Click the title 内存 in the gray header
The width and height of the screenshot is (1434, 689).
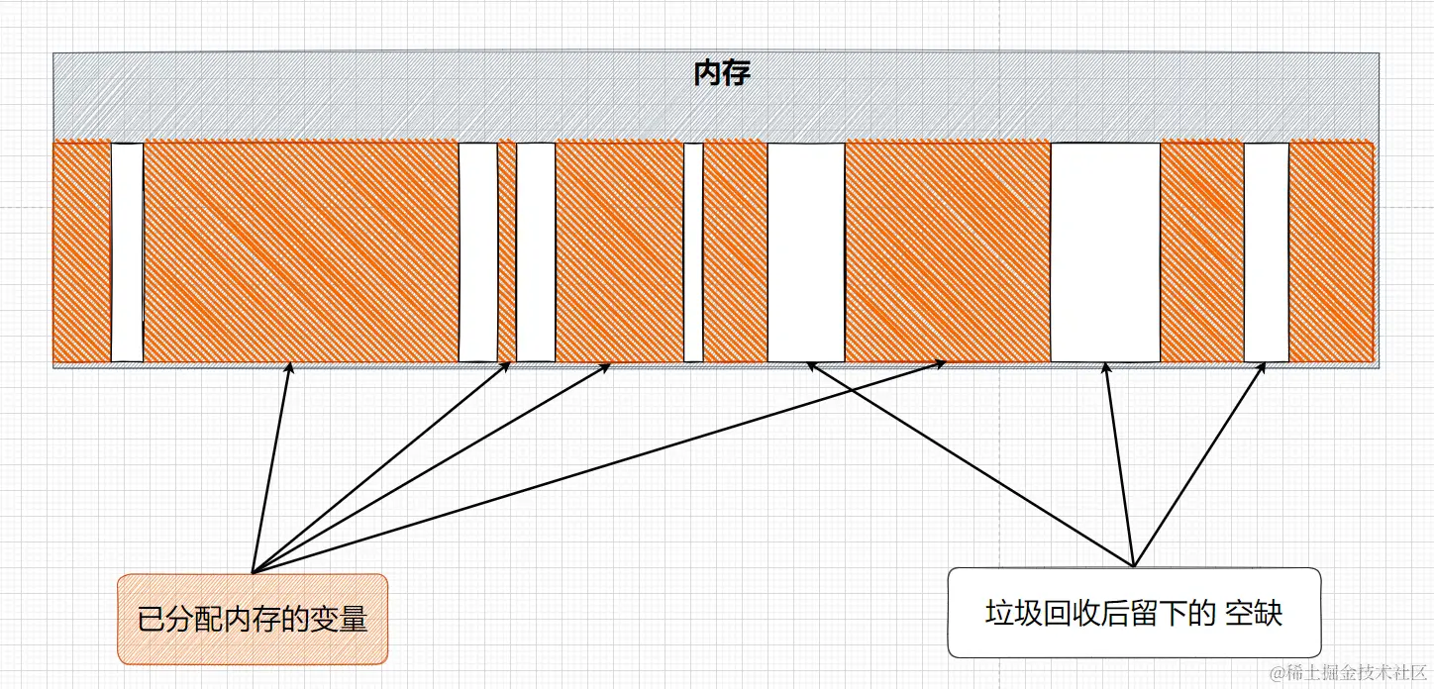tap(721, 74)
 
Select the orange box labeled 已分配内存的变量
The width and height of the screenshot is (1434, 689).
tap(253, 619)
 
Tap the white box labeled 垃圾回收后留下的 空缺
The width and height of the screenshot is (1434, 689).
tap(1134, 612)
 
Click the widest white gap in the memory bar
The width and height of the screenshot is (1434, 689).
tap(1105, 252)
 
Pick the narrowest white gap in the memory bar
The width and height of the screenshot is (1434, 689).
tap(693, 252)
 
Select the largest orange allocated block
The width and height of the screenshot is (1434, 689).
tap(300, 252)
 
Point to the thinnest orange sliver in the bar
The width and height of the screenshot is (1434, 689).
tap(507, 252)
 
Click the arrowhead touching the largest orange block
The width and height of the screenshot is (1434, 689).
tap(290, 366)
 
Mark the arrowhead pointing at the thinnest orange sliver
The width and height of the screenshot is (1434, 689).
tap(507, 365)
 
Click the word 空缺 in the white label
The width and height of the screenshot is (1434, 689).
tap(1254, 613)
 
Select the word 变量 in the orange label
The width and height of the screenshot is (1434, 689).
tap(340, 620)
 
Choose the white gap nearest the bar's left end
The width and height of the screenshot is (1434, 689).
tap(127, 252)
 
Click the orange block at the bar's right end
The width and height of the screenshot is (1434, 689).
tap(1332, 252)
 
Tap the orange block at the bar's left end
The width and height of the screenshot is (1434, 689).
tap(81, 252)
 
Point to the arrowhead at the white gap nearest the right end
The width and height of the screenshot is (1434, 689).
tap(1263, 366)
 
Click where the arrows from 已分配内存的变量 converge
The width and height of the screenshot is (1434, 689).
tap(254, 571)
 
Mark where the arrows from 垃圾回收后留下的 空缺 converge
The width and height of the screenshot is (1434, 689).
tap(1134, 566)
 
